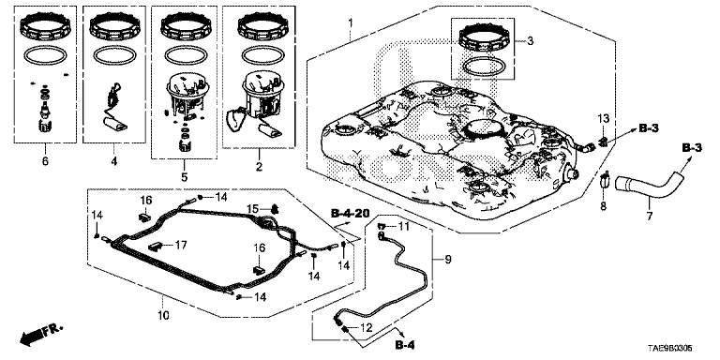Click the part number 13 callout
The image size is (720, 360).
pos(603,119)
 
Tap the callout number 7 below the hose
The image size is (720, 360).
pos(650,217)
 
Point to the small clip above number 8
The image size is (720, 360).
pos(604,181)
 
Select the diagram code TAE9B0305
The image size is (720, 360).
pos(670,349)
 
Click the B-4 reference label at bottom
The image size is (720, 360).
pos(405,344)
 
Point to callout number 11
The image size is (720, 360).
pos(403,226)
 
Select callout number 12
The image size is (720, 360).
pos(365,329)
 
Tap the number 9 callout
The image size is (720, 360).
pos(448,260)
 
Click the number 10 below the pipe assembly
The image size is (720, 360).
pos(164,315)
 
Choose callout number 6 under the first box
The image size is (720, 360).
pos(45,161)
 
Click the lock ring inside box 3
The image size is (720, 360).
pos(484,38)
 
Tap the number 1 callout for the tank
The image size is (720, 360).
pos(351,22)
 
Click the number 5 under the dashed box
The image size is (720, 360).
pos(184,177)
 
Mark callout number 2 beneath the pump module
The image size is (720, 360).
pos(259,167)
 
